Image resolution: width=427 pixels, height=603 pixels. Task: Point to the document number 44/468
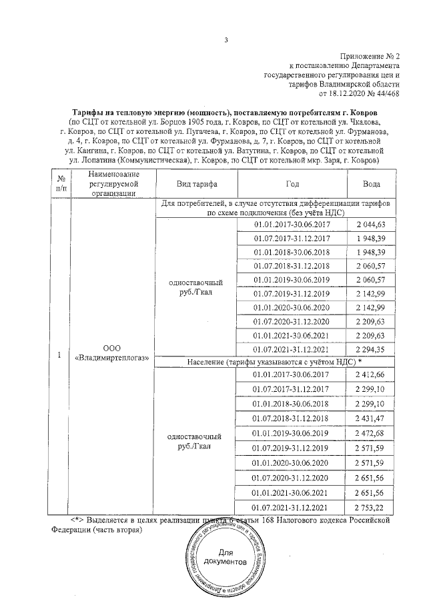click(386, 94)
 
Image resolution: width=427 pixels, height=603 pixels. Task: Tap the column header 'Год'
click(292, 183)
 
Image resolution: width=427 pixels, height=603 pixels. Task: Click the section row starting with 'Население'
click(276, 362)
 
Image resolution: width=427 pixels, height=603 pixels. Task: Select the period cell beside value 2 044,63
click(292, 226)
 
